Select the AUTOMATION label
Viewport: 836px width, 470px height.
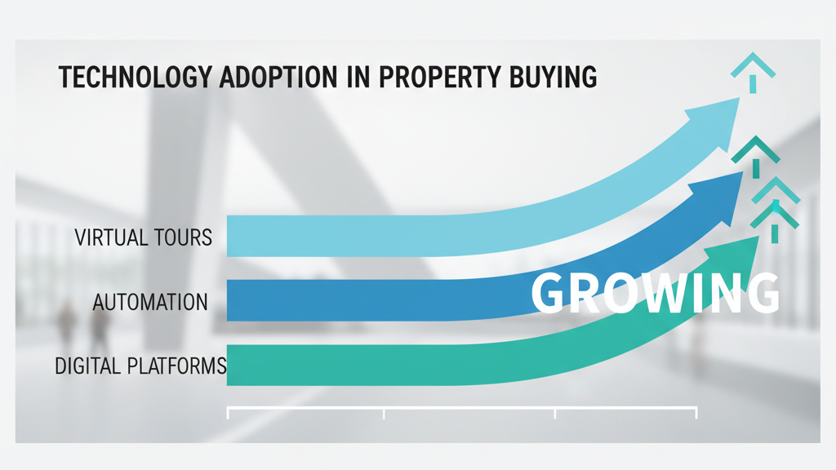(x=150, y=302)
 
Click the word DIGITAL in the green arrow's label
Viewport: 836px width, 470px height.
(x=87, y=366)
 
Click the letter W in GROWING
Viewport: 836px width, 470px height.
(x=660, y=293)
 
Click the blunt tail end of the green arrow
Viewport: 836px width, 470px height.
(x=232, y=367)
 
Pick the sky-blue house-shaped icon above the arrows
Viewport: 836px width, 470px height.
(x=752, y=69)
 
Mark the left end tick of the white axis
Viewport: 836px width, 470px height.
(x=228, y=413)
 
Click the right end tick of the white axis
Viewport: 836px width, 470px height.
(x=696, y=413)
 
